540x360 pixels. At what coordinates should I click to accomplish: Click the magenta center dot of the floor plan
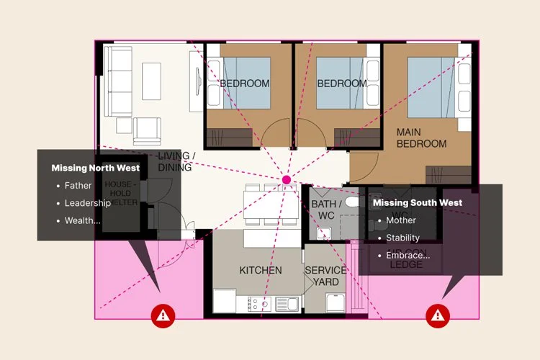tap(287, 179)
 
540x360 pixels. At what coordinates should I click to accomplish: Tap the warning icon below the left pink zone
tap(163, 314)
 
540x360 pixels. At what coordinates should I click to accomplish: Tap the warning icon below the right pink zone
tap(436, 314)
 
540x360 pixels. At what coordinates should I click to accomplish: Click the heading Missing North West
tap(95, 168)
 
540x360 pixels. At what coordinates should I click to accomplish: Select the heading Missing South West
tap(417, 203)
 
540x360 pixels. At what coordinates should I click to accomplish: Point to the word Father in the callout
tap(78, 186)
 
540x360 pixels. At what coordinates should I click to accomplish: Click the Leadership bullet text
tap(88, 203)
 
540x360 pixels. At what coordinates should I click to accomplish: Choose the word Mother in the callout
tap(401, 220)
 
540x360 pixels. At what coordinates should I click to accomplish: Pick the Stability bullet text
tap(402, 238)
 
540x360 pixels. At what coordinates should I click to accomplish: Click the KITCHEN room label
tap(260, 270)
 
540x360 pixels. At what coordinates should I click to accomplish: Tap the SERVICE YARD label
tap(325, 276)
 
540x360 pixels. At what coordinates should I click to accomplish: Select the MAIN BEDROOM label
tap(422, 138)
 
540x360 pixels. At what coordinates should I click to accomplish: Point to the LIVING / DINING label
tap(176, 162)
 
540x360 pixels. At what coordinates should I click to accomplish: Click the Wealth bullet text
tap(82, 220)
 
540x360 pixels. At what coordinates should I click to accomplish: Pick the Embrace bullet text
tap(408, 255)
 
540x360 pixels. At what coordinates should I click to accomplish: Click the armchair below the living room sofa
tap(148, 130)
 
